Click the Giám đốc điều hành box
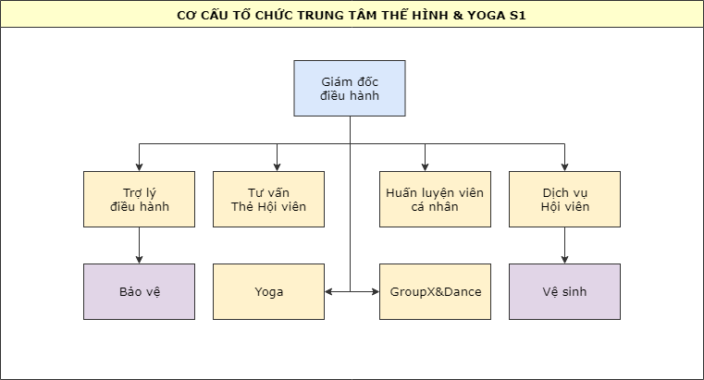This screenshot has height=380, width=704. (350, 88)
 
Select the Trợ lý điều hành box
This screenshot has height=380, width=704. (139, 199)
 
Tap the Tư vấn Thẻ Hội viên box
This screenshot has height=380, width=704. (268, 199)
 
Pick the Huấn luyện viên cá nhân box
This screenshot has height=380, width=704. (435, 199)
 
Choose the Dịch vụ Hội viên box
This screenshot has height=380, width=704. (564, 199)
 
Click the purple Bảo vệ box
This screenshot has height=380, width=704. (139, 291)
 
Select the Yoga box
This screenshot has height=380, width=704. (268, 291)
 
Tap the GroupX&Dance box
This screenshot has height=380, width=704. (435, 291)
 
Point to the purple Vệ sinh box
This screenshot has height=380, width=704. (564, 291)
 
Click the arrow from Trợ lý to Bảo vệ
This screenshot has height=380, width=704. (139, 245)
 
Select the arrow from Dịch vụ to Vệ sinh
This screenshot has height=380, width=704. (564, 245)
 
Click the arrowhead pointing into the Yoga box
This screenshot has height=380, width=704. (329, 292)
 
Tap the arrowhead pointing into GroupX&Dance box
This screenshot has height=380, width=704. (375, 292)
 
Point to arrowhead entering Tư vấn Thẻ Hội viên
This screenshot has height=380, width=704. (278, 166)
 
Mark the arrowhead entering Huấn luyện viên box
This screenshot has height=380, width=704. (426, 166)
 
